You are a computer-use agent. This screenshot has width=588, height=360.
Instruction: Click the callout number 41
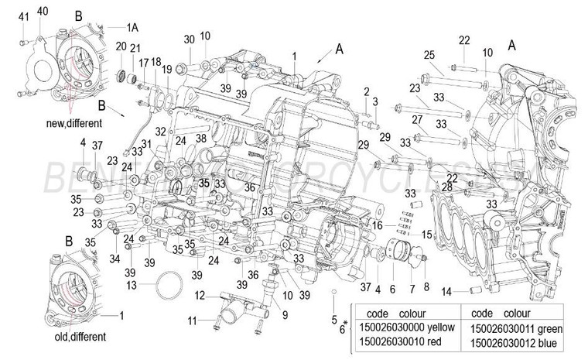(x=23, y=16)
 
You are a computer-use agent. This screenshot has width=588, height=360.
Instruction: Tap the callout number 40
(x=43, y=10)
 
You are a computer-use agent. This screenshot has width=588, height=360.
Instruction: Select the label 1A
(x=132, y=26)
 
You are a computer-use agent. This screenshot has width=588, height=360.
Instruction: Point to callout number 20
(x=121, y=46)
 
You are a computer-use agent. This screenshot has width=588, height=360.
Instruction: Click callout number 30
(x=190, y=39)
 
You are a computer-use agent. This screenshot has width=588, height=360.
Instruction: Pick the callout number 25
(x=429, y=53)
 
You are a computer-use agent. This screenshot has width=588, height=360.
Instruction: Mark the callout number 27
(x=416, y=119)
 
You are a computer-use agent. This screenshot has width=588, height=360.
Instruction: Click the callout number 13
(x=132, y=285)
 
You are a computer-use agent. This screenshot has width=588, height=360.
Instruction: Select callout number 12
(x=199, y=295)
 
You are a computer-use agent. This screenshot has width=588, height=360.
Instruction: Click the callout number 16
(x=378, y=225)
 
